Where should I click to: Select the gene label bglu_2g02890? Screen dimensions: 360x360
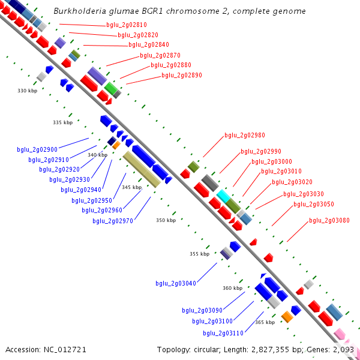(182, 76)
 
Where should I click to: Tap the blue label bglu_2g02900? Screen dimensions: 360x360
(37, 149)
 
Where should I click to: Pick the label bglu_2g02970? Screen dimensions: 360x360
(113, 221)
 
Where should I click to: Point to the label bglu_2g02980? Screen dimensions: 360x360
(245, 136)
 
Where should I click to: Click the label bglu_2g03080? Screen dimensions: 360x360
(329, 220)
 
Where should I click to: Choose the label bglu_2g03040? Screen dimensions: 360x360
(176, 283)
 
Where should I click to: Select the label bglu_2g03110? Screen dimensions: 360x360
(223, 333)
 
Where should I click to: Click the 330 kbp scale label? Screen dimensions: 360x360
(27, 91)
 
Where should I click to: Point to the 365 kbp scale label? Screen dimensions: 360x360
(265, 322)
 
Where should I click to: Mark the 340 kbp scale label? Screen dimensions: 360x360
(97, 155)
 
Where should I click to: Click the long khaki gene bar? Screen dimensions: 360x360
(142, 169)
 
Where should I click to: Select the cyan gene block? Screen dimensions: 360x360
(223, 196)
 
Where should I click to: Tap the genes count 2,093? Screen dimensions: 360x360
(343, 349)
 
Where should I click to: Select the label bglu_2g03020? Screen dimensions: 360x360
(292, 182)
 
